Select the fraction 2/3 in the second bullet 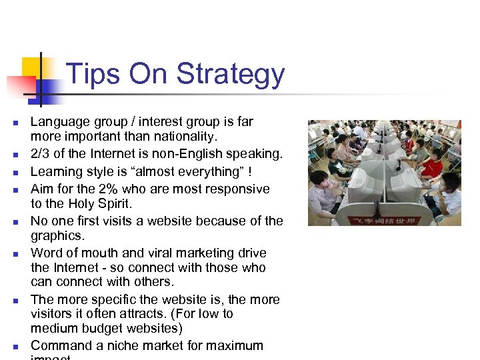coord(42,153)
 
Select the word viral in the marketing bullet coord(163,253)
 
